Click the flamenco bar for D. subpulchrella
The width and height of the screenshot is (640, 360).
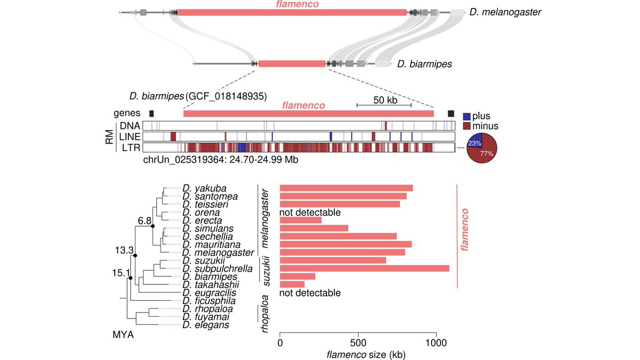364,268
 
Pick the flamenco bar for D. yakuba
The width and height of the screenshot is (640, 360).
346,188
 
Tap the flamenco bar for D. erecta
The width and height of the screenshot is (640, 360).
301,220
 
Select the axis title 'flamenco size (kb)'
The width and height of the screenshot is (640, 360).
358,353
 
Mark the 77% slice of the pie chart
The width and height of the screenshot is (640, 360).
485,154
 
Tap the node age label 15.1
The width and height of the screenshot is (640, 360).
121,274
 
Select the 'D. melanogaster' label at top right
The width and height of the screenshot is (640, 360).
505,12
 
